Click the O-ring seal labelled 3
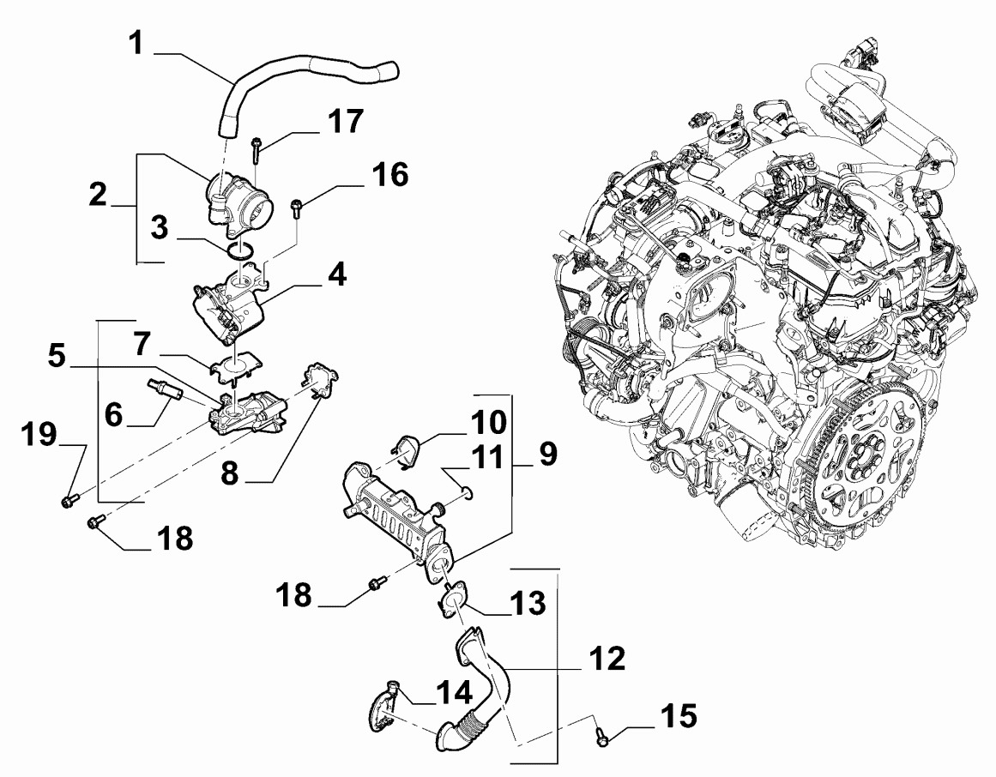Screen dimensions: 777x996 click(241, 250)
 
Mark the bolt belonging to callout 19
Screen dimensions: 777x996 click(68, 499)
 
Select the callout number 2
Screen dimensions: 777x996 click(100, 195)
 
